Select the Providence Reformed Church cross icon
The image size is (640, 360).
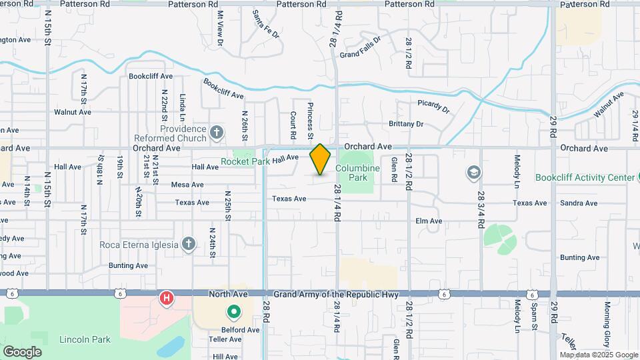216,133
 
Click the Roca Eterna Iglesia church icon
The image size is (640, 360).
189,244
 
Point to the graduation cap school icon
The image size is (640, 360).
473,173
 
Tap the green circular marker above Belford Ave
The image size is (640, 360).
233,311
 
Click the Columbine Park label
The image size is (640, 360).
357,173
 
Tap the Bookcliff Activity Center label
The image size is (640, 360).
585,177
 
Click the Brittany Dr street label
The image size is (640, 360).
406,124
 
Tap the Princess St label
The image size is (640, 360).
311,117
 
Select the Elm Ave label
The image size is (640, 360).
429,221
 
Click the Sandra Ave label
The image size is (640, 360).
579,203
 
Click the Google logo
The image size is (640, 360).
22,351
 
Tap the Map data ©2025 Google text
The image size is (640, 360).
598,355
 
